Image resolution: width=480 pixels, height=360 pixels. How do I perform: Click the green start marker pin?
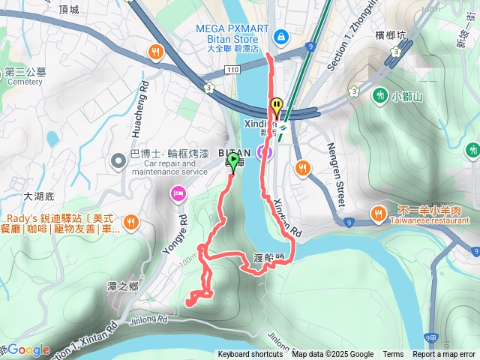232,162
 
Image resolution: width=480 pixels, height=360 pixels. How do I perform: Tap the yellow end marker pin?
277,107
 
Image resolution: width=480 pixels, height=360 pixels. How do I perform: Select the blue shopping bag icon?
280,35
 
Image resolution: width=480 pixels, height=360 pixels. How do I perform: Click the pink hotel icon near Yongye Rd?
178,194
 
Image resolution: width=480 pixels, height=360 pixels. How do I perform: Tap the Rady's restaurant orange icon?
131,221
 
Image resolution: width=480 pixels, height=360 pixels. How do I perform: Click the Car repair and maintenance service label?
169,166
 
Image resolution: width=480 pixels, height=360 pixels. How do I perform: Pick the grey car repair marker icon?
118,160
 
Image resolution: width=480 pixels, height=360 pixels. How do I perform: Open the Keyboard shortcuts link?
250,355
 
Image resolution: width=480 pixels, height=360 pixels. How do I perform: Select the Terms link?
393,355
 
